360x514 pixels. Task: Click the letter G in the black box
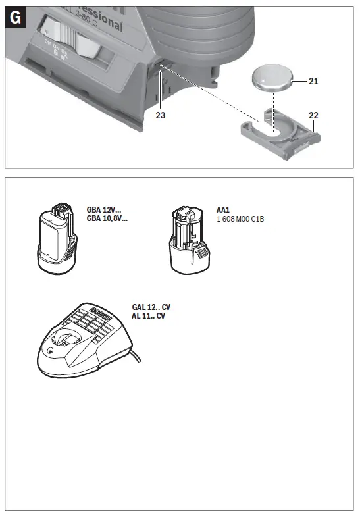[16, 18]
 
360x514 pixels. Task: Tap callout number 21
[313, 81]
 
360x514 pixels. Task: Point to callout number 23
[161, 115]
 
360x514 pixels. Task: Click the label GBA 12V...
[104, 210]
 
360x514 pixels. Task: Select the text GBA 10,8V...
[107, 218]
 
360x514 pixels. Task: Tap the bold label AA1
[224, 210]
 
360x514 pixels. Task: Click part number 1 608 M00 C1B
[240, 218]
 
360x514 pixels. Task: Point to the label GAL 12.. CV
[151, 307]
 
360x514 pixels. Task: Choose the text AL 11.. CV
[148, 316]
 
